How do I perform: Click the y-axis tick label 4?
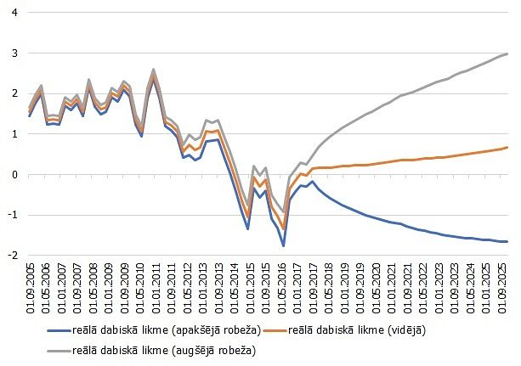(15, 14)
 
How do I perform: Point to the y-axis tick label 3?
(15, 53)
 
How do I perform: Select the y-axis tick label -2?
(14, 255)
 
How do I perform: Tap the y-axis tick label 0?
(15, 175)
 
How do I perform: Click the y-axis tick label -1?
(14, 215)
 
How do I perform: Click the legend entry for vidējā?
(358, 329)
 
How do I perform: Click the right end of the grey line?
(507, 53)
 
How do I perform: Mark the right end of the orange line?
(507, 148)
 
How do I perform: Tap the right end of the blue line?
(507, 242)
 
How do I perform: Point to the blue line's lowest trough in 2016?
(283, 245)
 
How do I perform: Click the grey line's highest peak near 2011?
(154, 70)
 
